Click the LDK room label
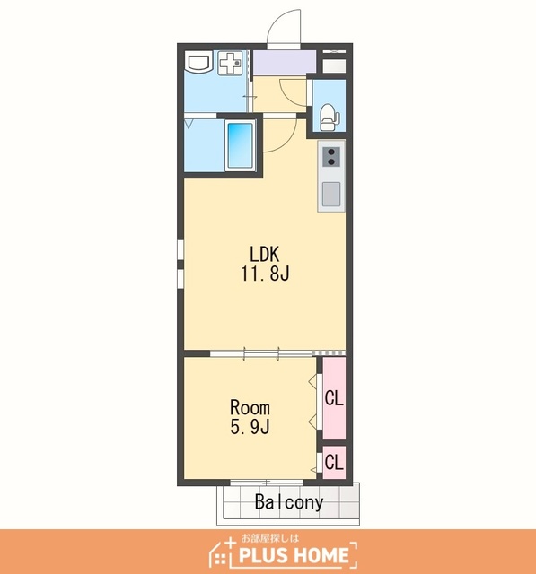265,254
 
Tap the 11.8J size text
265,273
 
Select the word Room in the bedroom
250,407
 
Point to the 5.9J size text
250,427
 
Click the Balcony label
289,502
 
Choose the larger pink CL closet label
334,398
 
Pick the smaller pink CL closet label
334,462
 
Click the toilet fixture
329,117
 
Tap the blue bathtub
240,144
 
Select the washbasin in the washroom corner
198,63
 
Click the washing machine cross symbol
230,63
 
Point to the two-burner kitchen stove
332,157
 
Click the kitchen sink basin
331,194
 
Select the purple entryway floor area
285,62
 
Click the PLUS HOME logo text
294,556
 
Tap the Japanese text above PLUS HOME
270,538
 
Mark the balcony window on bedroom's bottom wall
267,483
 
